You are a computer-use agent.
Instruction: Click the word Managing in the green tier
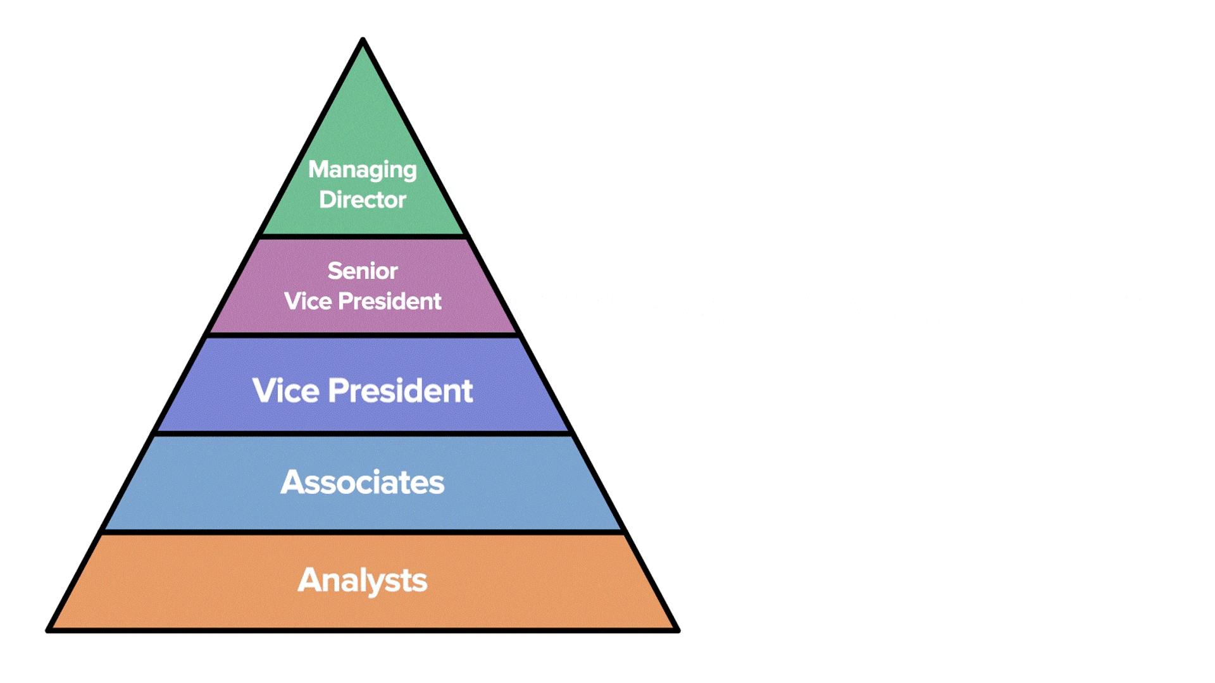click(x=362, y=169)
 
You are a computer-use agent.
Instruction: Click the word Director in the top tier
click(x=362, y=200)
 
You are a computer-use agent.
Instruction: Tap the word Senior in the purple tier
click(x=362, y=271)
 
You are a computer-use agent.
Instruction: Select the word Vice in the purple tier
click(x=308, y=301)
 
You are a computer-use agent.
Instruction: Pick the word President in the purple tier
click(x=389, y=301)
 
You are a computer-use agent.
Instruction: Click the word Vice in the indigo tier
click(x=285, y=390)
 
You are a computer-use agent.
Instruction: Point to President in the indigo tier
click(x=400, y=390)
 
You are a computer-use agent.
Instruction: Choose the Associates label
click(x=362, y=482)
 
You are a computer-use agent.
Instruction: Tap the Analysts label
click(x=362, y=581)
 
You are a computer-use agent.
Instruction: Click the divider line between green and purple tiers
click(x=363, y=237)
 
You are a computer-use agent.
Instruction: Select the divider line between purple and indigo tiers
click(x=363, y=335)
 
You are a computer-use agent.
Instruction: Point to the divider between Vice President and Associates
click(x=363, y=434)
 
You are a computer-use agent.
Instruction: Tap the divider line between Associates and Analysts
click(x=363, y=532)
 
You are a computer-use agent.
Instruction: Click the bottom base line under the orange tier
click(x=363, y=630)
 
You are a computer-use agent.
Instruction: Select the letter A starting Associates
click(x=293, y=482)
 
